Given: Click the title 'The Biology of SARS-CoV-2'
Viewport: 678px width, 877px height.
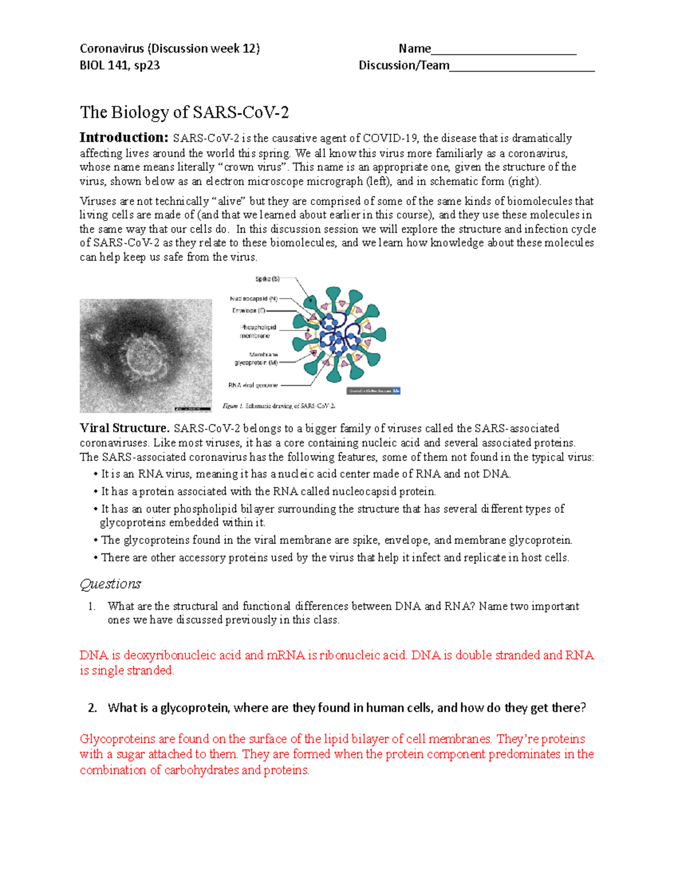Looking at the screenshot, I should click(x=184, y=112).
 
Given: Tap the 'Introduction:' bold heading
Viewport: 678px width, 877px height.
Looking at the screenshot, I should click(x=124, y=137).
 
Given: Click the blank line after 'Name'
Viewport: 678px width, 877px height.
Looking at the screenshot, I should click(x=503, y=50).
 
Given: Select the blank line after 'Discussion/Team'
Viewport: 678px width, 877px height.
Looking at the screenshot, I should click(x=522, y=67).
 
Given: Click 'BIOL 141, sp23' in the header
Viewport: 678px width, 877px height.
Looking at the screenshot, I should click(x=120, y=65).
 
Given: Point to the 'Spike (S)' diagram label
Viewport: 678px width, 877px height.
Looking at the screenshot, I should click(x=267, y=279).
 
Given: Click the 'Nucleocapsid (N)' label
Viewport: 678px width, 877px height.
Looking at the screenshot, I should click(x=254, y=298).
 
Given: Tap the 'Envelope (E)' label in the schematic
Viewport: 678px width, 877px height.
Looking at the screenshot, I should click(x=249, y=311).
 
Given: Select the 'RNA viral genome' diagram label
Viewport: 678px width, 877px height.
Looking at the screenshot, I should click(x=253, y=385).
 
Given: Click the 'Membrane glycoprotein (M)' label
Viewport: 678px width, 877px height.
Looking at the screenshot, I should click(x=257, y=359).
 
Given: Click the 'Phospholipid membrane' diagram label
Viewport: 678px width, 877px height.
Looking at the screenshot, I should click(x=257, y=331).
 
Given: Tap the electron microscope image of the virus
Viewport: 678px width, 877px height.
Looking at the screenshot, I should click(x=146, y=355).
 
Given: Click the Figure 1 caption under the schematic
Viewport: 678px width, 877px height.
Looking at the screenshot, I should click(x=279, y=405).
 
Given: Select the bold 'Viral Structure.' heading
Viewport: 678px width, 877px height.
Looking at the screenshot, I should click(x=124, y=428).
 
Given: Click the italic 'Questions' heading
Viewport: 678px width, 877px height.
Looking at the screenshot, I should click(x=110, y=584).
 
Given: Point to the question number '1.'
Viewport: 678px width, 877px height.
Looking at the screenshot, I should click(x=92, y=607).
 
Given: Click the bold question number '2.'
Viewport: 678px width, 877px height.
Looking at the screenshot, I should click(x=93, y=708).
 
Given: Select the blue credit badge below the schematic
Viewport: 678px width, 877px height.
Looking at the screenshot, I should click(x=373, y=391).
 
